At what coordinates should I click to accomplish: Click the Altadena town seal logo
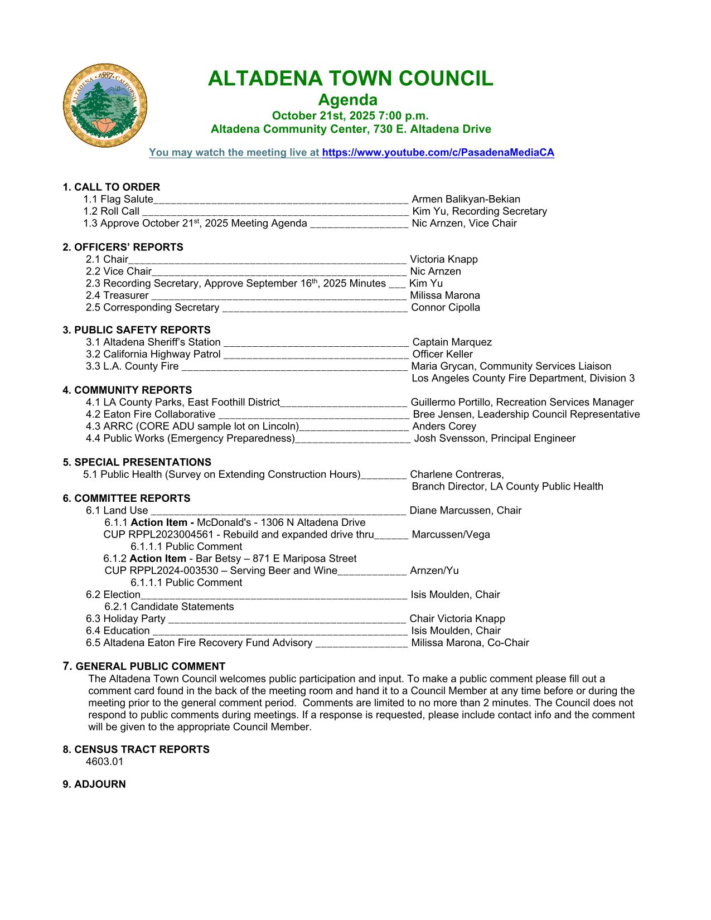105,105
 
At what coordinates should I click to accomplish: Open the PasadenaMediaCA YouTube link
438,153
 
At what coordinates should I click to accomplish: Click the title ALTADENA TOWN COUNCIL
350,79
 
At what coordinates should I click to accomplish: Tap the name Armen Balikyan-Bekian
466,199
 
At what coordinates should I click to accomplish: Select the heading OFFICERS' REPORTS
128,247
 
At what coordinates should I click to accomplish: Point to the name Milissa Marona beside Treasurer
444,296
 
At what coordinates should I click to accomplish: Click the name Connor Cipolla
445,307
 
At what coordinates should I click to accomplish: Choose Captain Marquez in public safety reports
452,342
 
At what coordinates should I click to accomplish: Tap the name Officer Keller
442,354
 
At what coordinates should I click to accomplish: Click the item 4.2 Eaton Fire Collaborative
151,414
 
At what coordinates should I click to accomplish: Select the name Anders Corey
444,426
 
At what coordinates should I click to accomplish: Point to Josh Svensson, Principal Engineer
494,438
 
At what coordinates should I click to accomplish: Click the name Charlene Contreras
457,474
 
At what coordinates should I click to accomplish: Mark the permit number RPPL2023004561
171,534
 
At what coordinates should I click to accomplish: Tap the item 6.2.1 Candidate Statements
169,607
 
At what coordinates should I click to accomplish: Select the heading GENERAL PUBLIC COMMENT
150,666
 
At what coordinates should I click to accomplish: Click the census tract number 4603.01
105,762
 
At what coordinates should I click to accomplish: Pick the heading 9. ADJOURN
94,784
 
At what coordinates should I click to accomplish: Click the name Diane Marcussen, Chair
465,510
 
